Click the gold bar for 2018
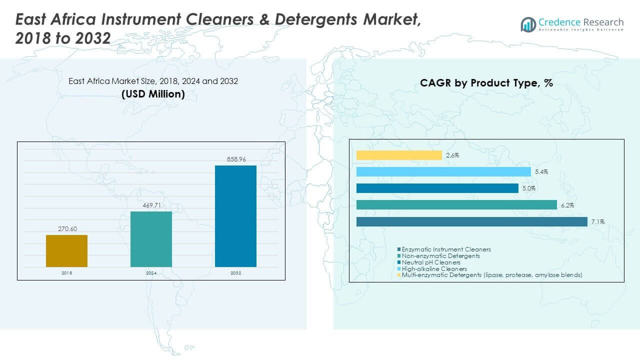click(66, 251)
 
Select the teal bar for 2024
click(151, 239)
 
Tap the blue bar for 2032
click(235, 216)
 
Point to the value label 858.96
click(235, 159)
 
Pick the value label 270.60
click(66, 229)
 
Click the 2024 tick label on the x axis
click(151, 273)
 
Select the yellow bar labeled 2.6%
click(399, 155)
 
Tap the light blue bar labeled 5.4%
click(443, 172)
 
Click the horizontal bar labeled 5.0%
click(437, 188)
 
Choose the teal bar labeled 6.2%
click(456, 205)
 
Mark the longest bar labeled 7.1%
click(471, 221)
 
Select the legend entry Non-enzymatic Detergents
click(440, 255)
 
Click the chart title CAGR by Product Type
click(486, 83)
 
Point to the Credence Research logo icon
click(528, 24)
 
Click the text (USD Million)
click(153, 93)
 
